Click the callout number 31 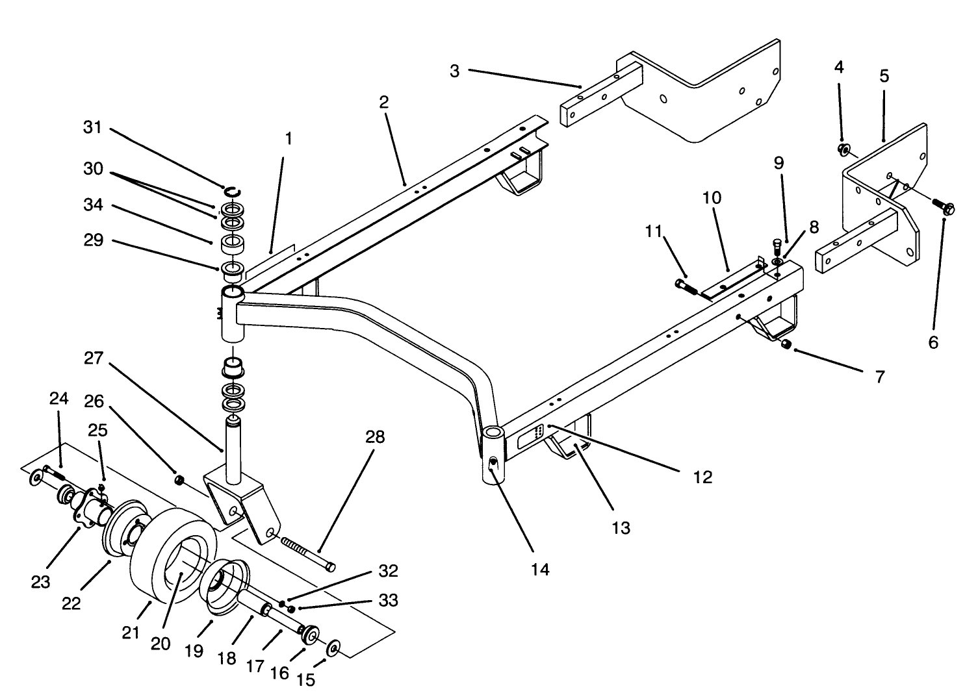[x=93, y=127]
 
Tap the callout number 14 [x=539, y=570]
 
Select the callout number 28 [x=375, y=437]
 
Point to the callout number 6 [x=933, y=342]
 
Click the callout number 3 [x=454, y=71]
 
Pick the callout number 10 [x=712, y=197]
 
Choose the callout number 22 [x=71, y=603]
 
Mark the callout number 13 [x=621, y=527]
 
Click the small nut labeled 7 [x=785, y=345]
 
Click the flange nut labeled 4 [x=843, y=151]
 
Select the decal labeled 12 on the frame [x=530, y=435]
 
